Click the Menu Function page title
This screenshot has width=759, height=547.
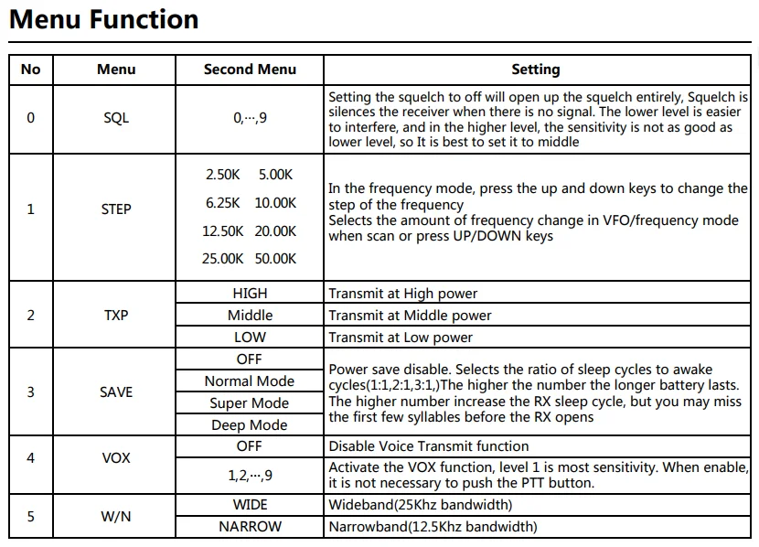coord(103,20)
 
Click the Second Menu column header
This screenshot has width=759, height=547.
coord(250,70)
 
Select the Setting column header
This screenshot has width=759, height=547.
coord(535,70)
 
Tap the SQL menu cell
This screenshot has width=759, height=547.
coord(116,118)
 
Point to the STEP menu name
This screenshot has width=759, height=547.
coord(116,209)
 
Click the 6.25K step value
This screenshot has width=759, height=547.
coord(223,203)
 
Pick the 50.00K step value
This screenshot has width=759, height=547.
coord(275,259)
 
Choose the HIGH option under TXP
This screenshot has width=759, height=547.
coord(250,294)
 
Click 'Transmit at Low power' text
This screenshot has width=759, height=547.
coord(401,338)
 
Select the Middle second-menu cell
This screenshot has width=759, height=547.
coord(250,316)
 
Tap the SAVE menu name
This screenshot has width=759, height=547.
coord(116,392)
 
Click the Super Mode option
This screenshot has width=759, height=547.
coord(250,403)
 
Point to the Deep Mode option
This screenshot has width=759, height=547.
coord(250,425)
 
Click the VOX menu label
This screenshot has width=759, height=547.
coord(116,457)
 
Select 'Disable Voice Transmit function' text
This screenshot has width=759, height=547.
coord(428,446)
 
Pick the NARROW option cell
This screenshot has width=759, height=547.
coord(250,527)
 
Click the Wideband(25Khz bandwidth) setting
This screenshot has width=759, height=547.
coord(420,505)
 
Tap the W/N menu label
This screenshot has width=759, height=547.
coord(116,517)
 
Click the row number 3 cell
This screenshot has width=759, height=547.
coord(30,392)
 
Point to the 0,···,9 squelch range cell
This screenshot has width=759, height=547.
coord(250,118)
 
